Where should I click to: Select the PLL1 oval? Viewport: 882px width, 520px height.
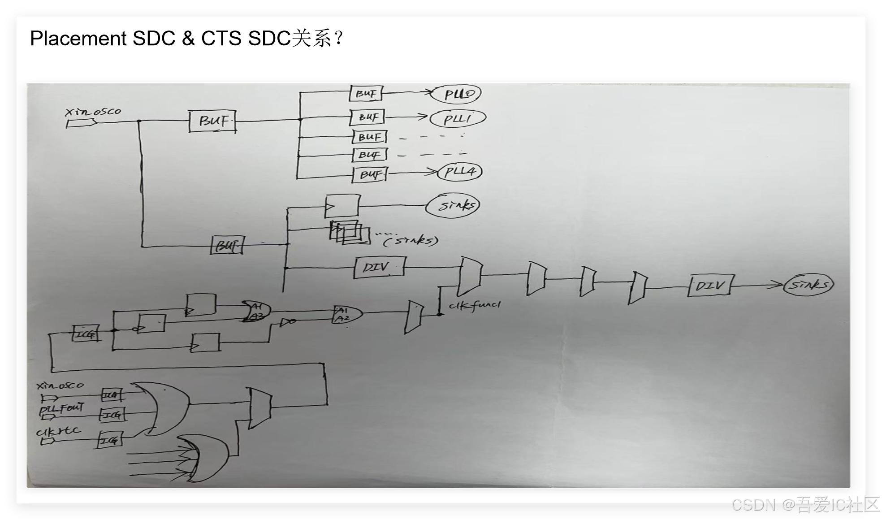pyautogui.click(x=458, y=119)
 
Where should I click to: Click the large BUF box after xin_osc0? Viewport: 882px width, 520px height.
pyautogui.click(x=212, y=121)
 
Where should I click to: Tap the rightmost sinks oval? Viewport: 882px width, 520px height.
pyautogui.click(x=808, y=285)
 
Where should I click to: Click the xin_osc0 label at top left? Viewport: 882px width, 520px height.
pyautogui.click(x=93, y=112)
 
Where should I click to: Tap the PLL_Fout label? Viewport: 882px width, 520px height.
pyautogui.click(x=62, y=408)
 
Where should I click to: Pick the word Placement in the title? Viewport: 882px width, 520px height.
pyautogui.click(x=78, y=39)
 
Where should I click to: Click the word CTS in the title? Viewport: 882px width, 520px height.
pyautogui.click(x=221, y=39)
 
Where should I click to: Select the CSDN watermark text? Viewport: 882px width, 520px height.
pyautogui.click(x=753, y=505)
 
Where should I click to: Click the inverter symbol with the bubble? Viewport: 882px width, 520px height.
pyautogui.click(x=287, y=321)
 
